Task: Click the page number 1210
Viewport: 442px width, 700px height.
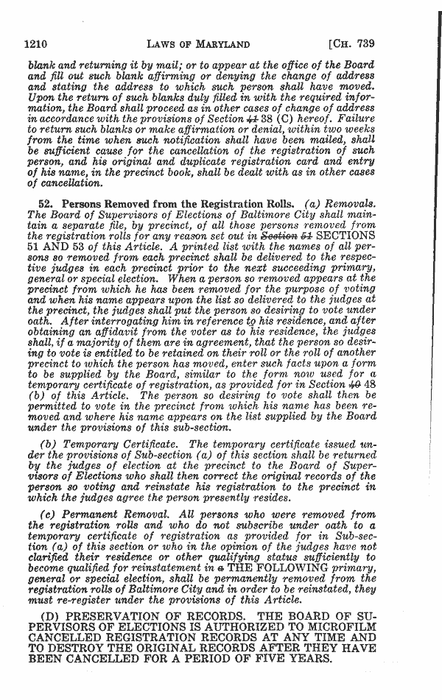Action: [x=37, y=42]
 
